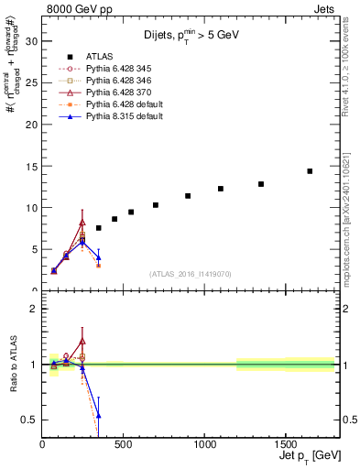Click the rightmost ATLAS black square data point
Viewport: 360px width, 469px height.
coord(310,171)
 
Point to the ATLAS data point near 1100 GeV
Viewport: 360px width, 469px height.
coord(221,189)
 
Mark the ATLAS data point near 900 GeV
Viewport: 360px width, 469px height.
coord(188,196)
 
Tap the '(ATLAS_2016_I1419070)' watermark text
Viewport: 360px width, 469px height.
coord(191,273)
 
